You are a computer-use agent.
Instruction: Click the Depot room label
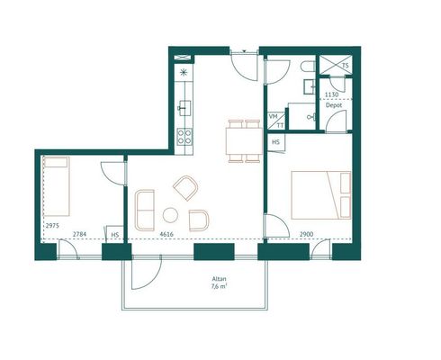pyautogui.click(x=334, y=105)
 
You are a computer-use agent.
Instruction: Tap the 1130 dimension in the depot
pyautogui.click(x=332, y=94)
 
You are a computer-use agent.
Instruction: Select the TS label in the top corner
pyautogui.click(x=346, y=65)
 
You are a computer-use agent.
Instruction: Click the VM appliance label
pyautogui.click(x=274, y=116)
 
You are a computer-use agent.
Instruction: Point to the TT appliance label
pyautogui.click(x=280, y=126)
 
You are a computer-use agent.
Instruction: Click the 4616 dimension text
pyautogui.click(x=166, y=234)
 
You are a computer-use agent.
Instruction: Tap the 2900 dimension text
pyautogui.click(x=307, y=234)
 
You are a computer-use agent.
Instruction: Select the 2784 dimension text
pyautogui.click(x=80, y=234)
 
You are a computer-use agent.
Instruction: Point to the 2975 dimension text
pyautogui.click(x=52, y=226)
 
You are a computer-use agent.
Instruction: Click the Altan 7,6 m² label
pyautogui.click(x=220, y=283)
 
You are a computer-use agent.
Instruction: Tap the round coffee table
pyautogui.click(x=170, y=215)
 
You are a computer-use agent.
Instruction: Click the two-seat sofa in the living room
pyautogui.click(x=145, y=211)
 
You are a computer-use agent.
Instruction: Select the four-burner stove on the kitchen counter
pyautogui.click(x=184, y=136)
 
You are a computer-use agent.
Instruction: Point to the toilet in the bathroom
pyautogui.click(x=309, y=67)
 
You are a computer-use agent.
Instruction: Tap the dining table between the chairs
pyautogui.click(x=245, y=140)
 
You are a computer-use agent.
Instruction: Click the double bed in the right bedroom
pyautogui.click(x=321, y=195)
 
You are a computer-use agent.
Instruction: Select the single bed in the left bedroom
pyautogui.click(x=57, y=186)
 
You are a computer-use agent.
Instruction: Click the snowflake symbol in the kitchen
pyautogui.click(x=184, y=72)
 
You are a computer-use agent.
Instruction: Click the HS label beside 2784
pyautogui.click(x=115, y=235)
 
